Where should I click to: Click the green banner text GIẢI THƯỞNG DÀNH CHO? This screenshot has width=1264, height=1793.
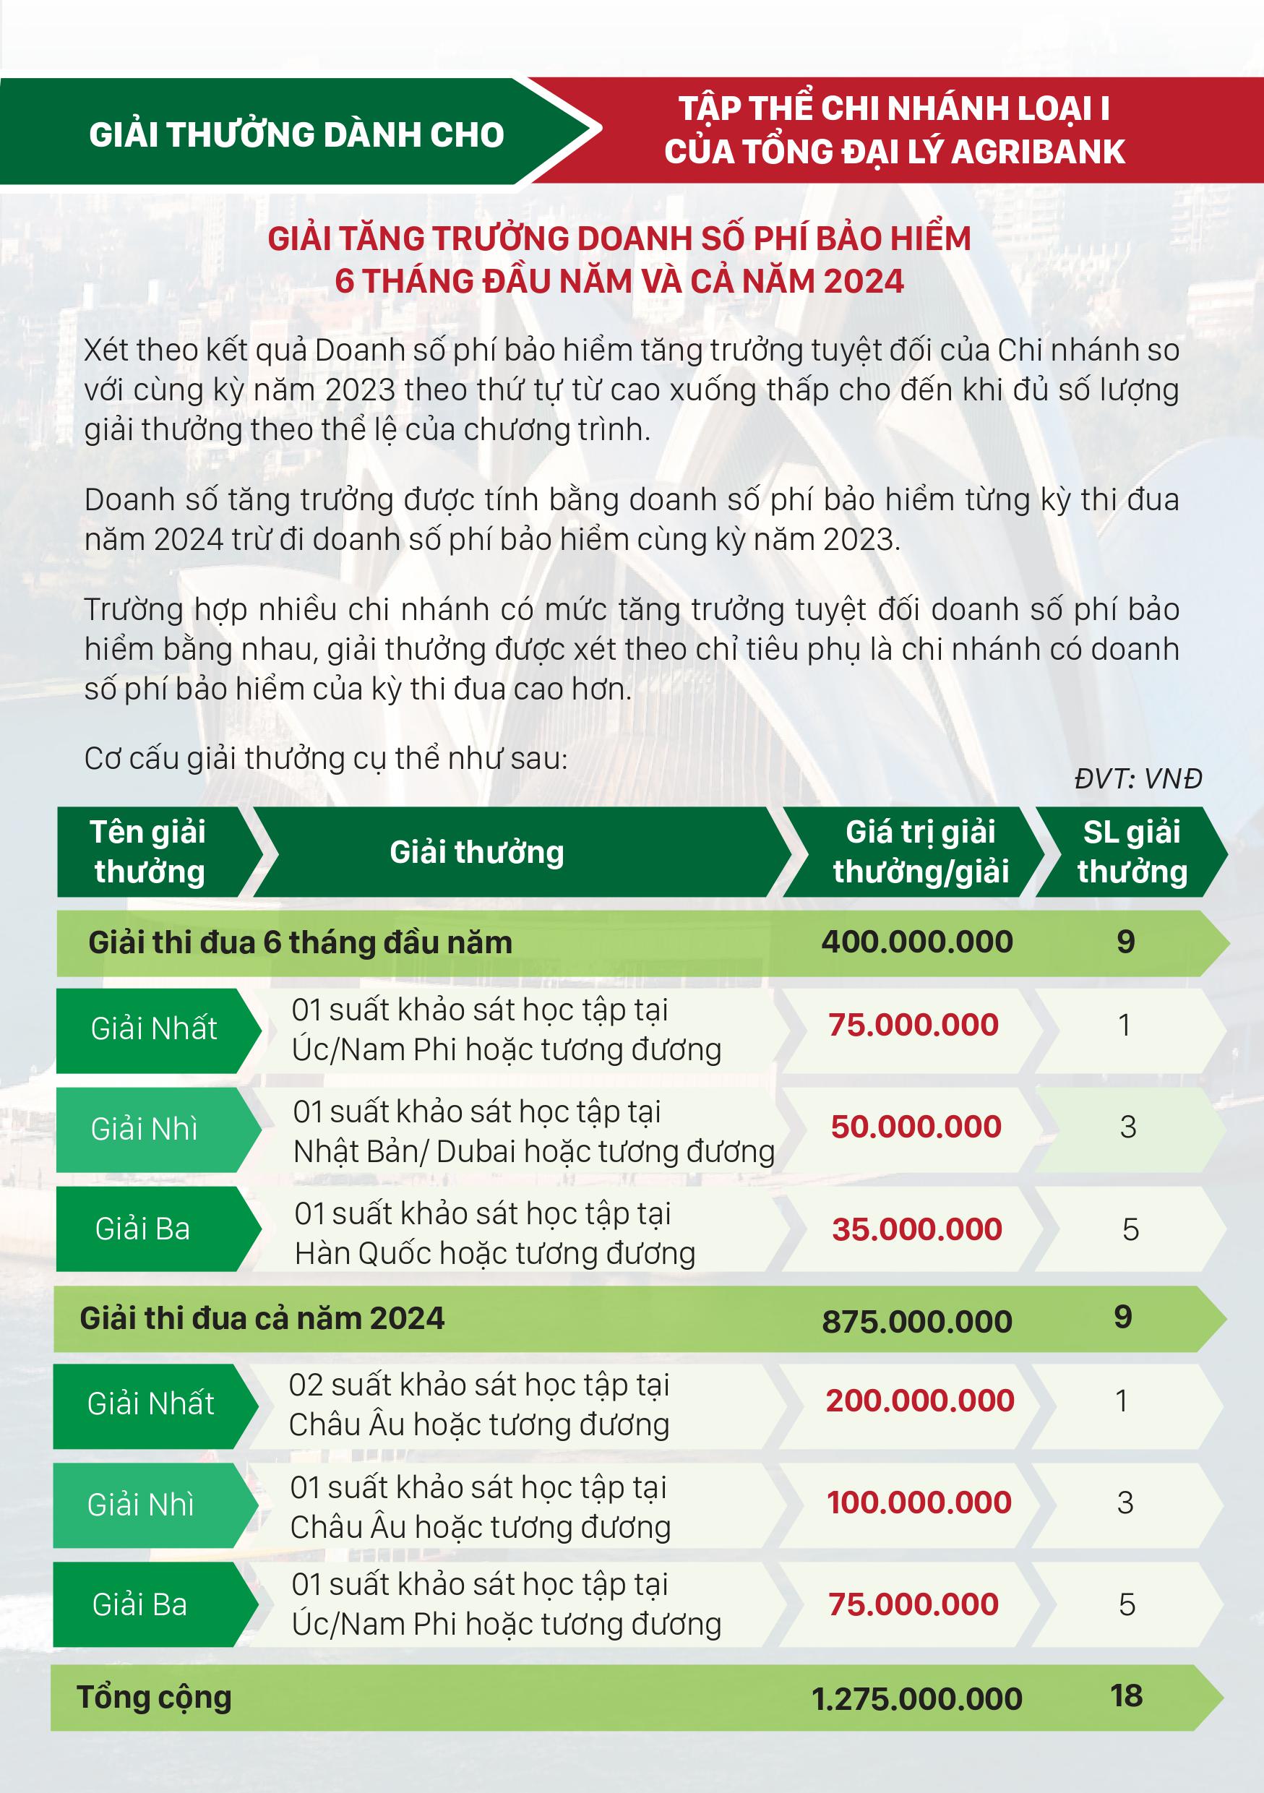(297, 134)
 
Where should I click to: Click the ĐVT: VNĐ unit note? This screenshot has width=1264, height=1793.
(1138, 778)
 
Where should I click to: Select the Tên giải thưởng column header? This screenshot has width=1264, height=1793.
(148, 852)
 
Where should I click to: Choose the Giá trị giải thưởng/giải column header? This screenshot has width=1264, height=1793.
(921, 852)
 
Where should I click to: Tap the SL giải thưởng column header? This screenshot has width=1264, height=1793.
(1132, 852)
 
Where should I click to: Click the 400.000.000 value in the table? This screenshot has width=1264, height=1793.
(916, 942)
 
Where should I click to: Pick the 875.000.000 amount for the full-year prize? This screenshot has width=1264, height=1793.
(916, 1321)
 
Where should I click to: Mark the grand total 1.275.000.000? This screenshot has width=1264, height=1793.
(916, 1698)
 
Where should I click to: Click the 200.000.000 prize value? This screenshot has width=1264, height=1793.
(920, 1400)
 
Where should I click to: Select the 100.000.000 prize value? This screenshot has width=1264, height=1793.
(919, 1502)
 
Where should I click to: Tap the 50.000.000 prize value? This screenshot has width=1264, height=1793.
(916, 1127)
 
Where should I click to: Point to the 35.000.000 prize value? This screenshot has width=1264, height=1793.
(916, 1229)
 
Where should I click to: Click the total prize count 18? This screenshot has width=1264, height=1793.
(1126, 1695)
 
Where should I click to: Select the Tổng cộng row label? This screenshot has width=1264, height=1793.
(154, 1697)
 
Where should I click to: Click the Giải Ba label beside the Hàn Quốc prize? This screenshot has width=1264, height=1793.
(143, 1229)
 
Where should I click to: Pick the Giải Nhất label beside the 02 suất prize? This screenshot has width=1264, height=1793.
(150, 1403)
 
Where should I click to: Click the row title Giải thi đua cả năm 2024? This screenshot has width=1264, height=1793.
(262, 1318)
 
